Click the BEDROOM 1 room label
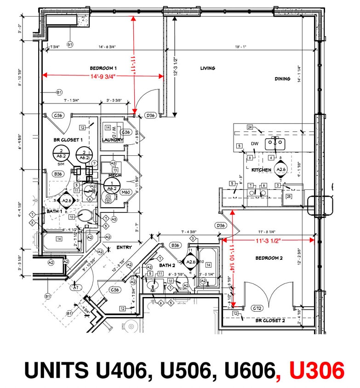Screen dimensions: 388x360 [103, 68]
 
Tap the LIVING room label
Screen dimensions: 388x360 [207, 68]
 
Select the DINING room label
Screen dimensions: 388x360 [282, 79]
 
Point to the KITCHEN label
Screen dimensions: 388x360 [261, 170]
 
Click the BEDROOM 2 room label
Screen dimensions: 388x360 [269, 258]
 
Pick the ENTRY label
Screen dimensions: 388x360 [124, 247]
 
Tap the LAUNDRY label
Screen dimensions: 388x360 [112, 140]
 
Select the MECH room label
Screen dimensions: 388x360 [114, 176]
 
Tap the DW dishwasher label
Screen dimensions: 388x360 [255, 144]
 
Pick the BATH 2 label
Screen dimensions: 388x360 [167, 265]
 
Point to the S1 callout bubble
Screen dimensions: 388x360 [70, 44]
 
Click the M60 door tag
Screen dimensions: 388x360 [126, 192]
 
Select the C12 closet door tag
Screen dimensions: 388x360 [258, 308]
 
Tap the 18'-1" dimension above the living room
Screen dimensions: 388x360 [241, 47]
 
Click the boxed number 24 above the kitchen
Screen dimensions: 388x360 [250, 127]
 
